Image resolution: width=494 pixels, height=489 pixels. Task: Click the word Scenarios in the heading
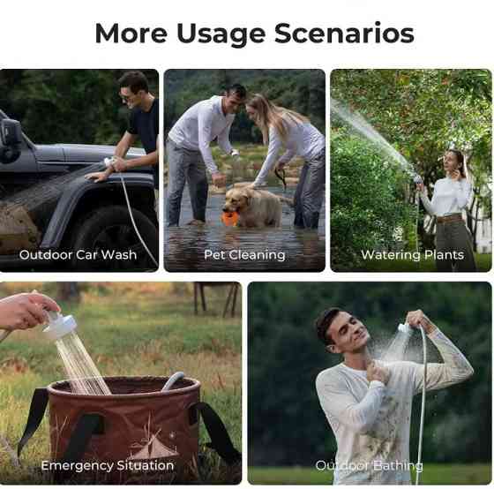click(x=344, y=34)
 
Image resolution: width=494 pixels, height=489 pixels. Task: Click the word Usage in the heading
click(x=221, y=34)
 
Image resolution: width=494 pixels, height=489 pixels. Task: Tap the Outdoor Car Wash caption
click(x=78, y=255)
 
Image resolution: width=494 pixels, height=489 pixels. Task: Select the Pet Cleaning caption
click(x=244, y=255)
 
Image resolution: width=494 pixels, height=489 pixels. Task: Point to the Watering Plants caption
click(x=413, y=255)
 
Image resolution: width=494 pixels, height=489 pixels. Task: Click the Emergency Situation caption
click(x=108, y=466)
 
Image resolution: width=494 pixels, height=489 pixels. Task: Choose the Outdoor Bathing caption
click(x=370, y=466)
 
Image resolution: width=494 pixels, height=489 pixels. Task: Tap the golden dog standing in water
click(x=254, y=206)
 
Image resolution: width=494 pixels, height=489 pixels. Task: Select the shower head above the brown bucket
click(x=62, y=327)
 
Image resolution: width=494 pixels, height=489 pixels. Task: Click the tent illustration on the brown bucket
click(x=153, y=446)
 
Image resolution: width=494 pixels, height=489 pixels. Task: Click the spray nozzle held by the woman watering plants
click(x=418, y=180)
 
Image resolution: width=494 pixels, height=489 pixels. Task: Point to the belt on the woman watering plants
click(x=449, y=218)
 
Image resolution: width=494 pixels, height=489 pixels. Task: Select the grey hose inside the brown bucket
click(x=173, y=380)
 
